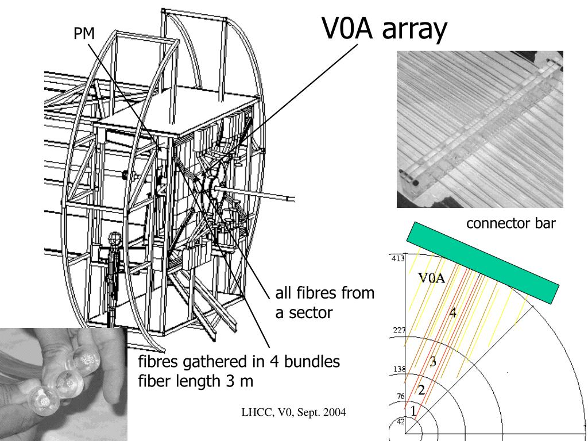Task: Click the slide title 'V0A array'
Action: coord(384,29)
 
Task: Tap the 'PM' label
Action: coord(84,34)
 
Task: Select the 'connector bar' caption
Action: coord(510,223)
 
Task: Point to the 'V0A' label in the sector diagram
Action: coord(432,278)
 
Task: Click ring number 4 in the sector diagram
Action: coord(453,314)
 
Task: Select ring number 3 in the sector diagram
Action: coord(433,361)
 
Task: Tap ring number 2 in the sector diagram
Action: coord(421,390)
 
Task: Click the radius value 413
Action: coord(398,258)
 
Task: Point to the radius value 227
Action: coord(398,330)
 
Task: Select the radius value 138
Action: coord(398,369)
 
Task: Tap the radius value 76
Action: coord(400,396)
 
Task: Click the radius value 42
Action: coord(400,421)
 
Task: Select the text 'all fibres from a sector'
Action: coord(324,303)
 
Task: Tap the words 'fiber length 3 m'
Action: coord(196,380)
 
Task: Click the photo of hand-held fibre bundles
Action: coord(63,384)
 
